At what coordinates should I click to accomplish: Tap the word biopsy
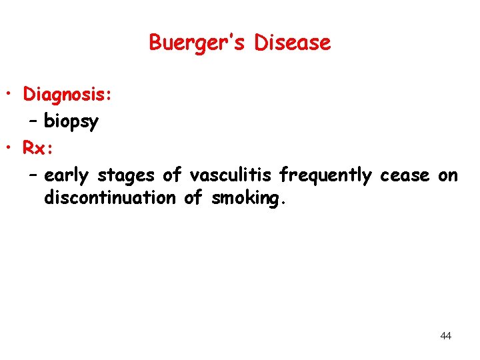pyautogui.click(x=71, y=122)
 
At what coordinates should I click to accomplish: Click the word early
pyautogui.click(x=67, y=175)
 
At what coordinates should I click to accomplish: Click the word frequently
pyautogui.click(x=325, y=175)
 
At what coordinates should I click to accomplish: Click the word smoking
pyautogui.click(x=249, y=198)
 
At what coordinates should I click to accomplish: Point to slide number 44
pyautogui.click(x=446, y=336)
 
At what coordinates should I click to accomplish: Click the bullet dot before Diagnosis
pyautogui.click(x=13, y=95)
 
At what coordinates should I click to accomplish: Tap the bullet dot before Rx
pyautogui.click(x=13, y=148)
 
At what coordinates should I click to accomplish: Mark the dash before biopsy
pyautogui.click(x=33, y=121)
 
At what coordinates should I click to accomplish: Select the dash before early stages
pyautogui.click(x=33, y=175)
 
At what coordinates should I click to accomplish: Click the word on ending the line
pyautogui.click(x=448, y=175)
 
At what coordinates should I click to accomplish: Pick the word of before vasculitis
pyautogui.click(x=172, y=175)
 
